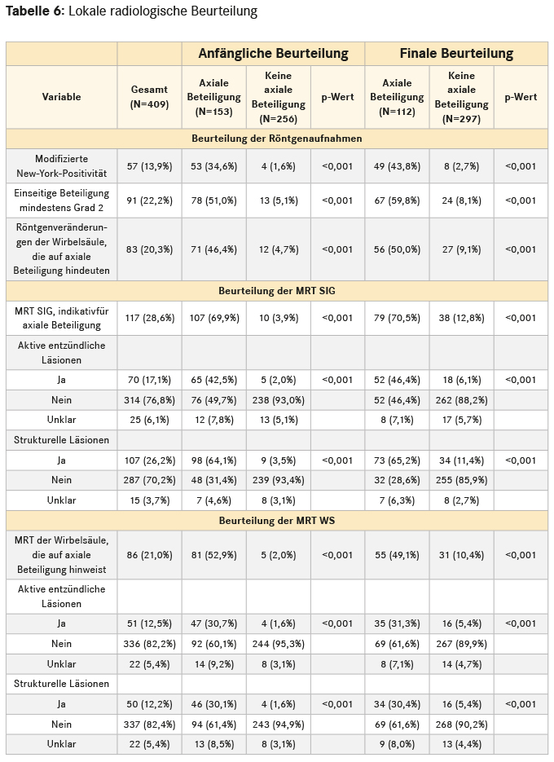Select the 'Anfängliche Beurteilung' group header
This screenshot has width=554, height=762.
coord(273,54)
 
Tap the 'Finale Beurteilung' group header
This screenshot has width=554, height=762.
coord(455,54)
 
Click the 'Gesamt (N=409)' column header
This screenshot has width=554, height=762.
coord(149,97)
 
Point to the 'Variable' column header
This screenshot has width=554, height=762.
coord(62,97)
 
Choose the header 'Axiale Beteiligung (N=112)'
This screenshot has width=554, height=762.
coord(397,97)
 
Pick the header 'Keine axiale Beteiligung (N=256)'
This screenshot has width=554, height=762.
coord(278,97)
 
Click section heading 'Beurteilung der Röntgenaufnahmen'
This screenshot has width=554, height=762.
coord(277,139)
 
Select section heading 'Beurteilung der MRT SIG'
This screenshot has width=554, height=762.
coord(277,290)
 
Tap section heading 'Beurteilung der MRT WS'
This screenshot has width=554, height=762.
coord(277,519)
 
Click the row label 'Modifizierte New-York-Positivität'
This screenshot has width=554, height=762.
coord(62,166)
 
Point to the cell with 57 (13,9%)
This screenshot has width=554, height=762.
coord(150,166)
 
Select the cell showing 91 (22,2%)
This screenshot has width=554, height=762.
coord(150,200)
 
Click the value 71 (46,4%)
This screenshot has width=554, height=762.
coord(213,249)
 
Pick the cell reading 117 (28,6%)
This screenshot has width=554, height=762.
coord(150,318)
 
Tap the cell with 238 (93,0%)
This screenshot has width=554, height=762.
coord(278,399)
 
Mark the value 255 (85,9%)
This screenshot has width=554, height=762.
coord(462,480)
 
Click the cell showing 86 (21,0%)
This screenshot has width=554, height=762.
coord(150,555)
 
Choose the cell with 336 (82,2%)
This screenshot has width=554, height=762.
coord(150,644)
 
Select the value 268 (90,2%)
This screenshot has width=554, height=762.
coord(462,724)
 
